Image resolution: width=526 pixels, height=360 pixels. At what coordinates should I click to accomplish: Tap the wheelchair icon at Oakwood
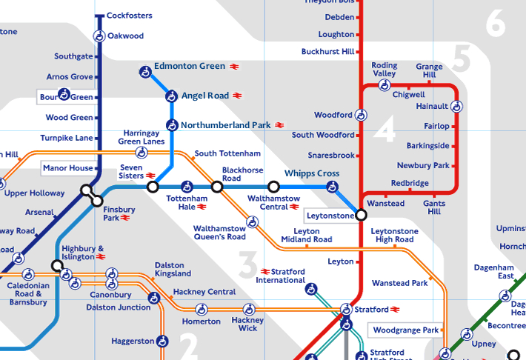point(99,36)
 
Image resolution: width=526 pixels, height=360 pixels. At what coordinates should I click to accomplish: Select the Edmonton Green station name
point(189,66)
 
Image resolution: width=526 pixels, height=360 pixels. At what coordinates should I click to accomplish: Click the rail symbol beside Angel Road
point(237,96)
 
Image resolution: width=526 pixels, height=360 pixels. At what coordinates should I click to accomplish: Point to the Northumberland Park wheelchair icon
point(171,125)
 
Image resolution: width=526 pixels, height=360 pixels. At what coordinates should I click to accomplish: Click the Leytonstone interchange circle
point(361,215)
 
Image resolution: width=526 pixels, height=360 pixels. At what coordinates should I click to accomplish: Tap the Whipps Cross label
point(312,173)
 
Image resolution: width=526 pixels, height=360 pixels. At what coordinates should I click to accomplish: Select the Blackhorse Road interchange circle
point(217,187)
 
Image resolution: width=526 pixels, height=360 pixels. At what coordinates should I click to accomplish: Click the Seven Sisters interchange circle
point(153,187)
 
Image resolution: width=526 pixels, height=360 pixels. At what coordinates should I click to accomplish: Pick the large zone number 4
point(384,131)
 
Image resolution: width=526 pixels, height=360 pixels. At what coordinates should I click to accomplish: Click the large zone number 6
point(495,25)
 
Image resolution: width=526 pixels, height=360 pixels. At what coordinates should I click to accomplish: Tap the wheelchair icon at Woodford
point(361,115)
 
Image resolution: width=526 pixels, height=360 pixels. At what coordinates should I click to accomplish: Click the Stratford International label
point(281,276)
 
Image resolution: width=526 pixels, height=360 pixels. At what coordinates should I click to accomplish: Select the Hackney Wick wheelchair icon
point(247,309)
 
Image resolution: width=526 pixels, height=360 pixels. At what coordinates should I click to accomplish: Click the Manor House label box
point(68,168)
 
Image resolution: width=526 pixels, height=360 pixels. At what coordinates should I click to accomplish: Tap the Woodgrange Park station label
point(406,329)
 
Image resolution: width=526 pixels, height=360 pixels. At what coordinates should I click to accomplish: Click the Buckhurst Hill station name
point(327,52)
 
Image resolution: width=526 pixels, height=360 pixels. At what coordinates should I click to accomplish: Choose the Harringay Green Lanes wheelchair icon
point(141,153)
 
